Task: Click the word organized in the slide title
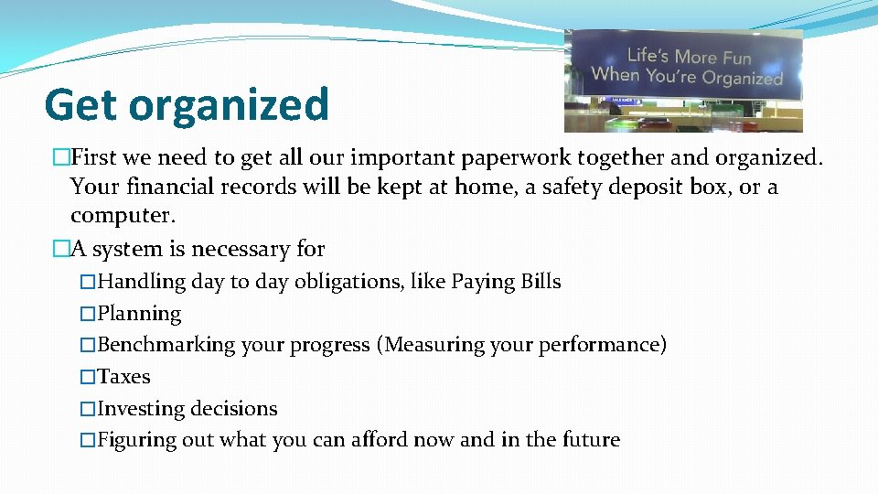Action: (x=228, y=105)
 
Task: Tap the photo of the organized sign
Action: (x=683, y=81)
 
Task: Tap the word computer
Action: (x=122, y=217)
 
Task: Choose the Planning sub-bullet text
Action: (x=139, y=314)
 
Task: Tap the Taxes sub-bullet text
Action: (x=123, y=377)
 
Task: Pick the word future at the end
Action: (x=589, y=440)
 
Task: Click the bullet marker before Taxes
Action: (x=88, y=377)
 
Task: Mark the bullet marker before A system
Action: (x=61, y=249)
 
